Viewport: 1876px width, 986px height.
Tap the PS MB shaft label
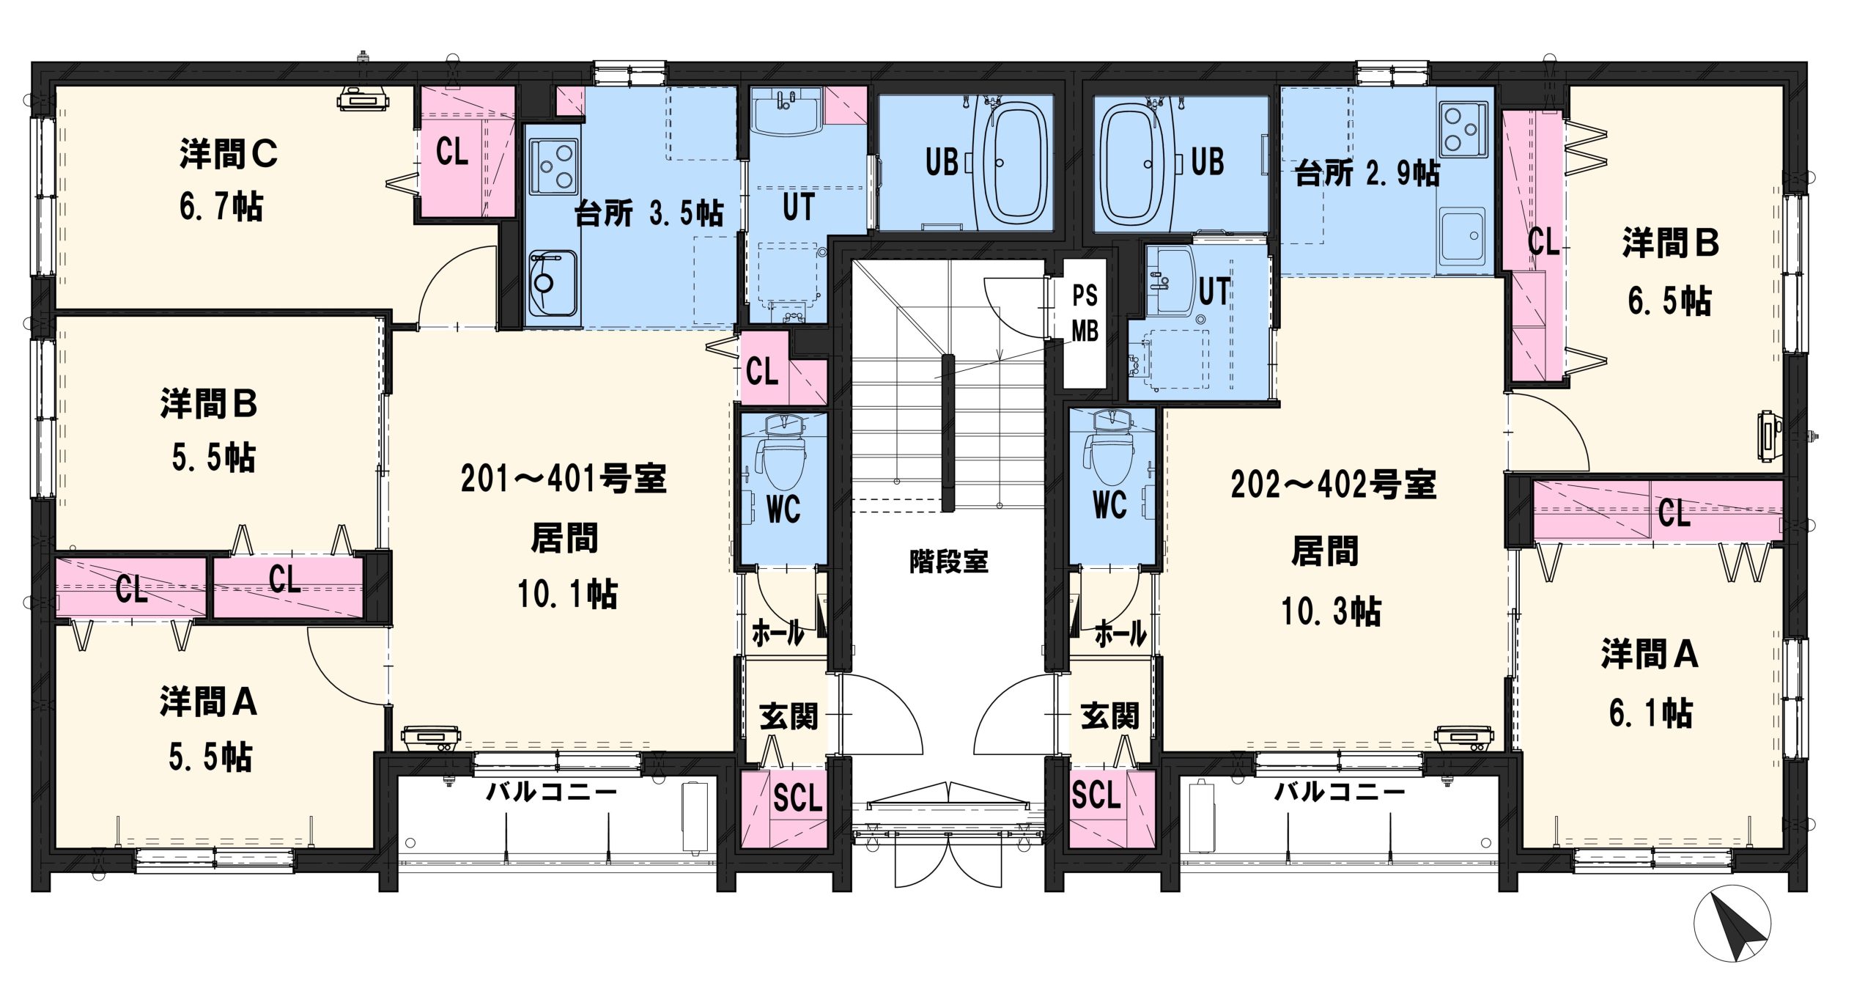click(x=1085, y=313)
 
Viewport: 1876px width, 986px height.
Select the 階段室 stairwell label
click(x=949, y=562)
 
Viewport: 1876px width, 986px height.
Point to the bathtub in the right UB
click(x=1134, y=163)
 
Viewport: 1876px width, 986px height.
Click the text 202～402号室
click(x=1333, y=485)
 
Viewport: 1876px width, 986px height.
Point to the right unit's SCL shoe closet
click(x=1111, y=808)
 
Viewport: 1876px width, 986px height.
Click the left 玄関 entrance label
click(x=789, y=716)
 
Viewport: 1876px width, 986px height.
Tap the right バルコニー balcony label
click(x=1340, y=792)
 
